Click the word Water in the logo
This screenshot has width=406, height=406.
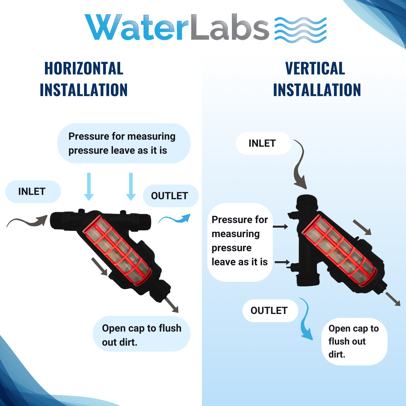[136, 27]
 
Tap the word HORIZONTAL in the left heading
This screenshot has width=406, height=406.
[84, 68]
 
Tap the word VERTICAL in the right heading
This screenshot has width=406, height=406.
[315, 68]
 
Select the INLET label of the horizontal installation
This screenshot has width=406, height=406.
[32, 191]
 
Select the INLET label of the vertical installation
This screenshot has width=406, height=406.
[262, 143]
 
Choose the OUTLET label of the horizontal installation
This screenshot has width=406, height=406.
[169, 196]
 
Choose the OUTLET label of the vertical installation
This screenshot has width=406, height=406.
[269, 310]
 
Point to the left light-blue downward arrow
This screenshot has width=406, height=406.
[89, 186]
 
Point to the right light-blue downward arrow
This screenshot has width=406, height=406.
[131, 186]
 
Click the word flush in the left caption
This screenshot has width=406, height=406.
[170, 328]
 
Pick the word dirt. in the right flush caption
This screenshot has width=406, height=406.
[337, 354]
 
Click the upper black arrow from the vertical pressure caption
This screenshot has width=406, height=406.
[280, 227]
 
